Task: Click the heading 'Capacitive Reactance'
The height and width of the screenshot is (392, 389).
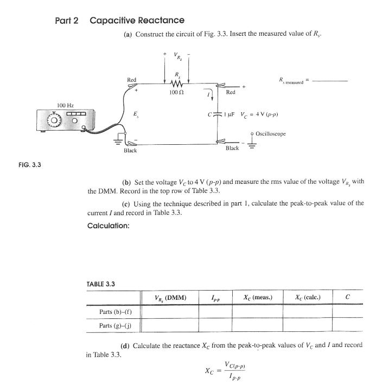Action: click(x=137, y=21)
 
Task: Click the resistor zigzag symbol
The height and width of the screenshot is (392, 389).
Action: click(x=176, y=83)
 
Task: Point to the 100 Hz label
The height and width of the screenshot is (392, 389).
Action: click(x=66, y=104)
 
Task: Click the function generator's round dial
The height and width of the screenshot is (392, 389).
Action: click(x=53, y=120)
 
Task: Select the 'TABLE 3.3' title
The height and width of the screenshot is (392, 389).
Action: click(x=101, y=284)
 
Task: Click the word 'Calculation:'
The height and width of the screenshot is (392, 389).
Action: click(x=108, y=226)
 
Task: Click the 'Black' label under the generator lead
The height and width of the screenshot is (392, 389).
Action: click(x=130, y=150)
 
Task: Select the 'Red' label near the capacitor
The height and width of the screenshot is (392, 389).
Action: click(x=231, y=93)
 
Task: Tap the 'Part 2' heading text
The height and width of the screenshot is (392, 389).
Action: click(x=67, y=21)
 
